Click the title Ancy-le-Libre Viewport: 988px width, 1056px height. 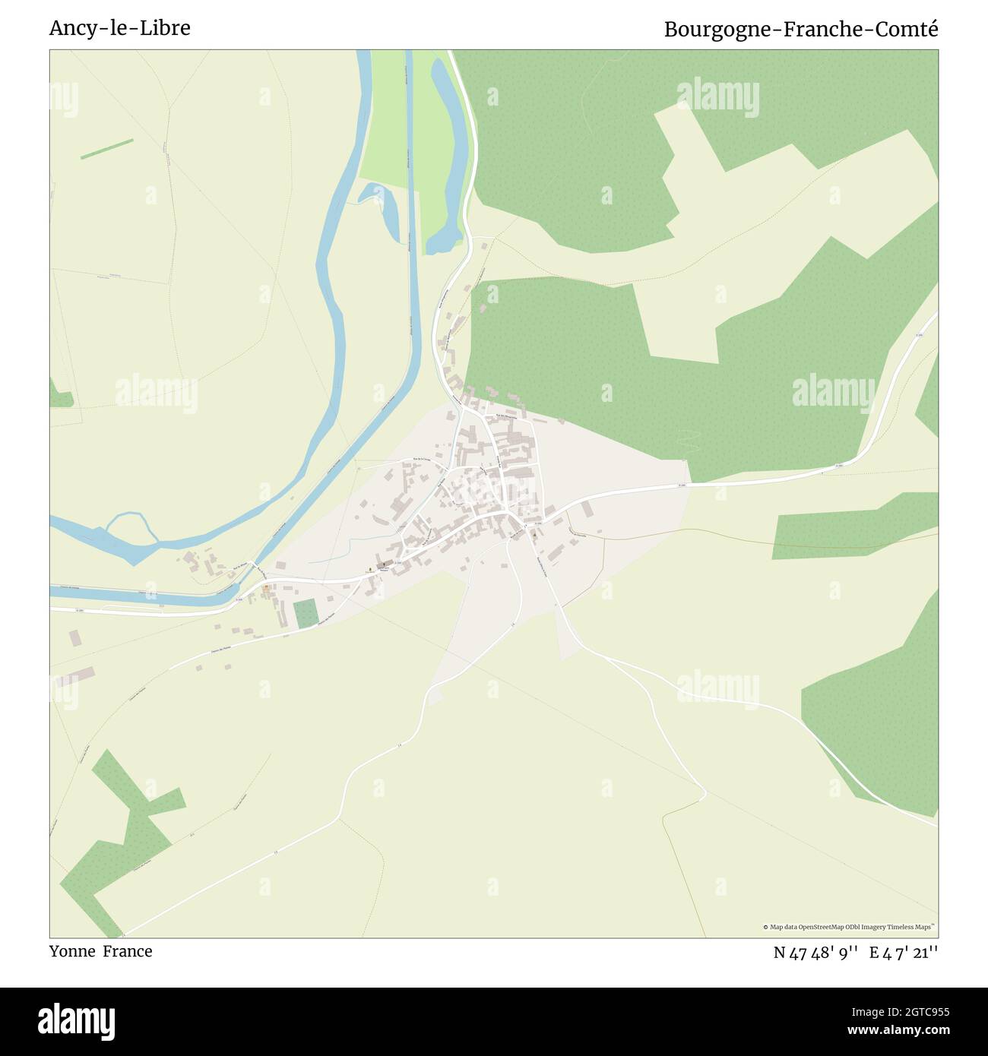click(x=120, y=28)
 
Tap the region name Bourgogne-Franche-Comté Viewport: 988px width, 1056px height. click(x=801, y=29)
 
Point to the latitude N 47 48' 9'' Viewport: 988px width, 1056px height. click(x=816, y=953)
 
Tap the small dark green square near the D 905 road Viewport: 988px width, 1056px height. click(x=305, y=613)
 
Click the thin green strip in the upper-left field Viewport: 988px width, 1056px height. click(x=106, y=149)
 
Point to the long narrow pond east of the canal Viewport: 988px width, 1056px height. click(x=449, y=152)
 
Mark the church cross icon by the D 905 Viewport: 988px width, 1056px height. click(x=370, y=570)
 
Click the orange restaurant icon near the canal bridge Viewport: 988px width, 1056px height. click(x=266, y=587)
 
